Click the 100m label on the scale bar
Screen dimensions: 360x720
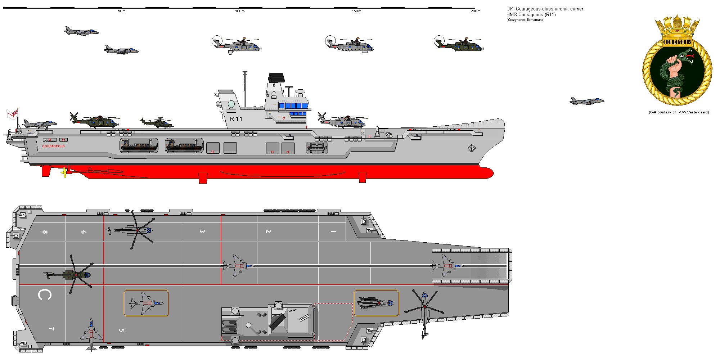click(x=240, y=11)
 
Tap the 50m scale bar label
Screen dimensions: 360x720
click(x=122, y=11)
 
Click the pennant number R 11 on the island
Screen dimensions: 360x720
click(x=236, y=119)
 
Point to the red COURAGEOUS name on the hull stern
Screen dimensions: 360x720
click(x=53, y=146)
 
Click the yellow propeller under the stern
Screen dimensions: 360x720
click(x=64, y=172)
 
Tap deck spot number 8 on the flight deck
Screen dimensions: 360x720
click(x=45, y=232)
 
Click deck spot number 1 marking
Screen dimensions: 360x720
click(x=333, y=231)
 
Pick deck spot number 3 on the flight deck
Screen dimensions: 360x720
click(x=202, y=231)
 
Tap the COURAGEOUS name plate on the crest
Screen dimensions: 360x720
click(x=677, y=42)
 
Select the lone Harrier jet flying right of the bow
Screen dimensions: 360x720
click(x=586, y=101)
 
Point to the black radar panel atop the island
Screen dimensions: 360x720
click(x=276, y=77)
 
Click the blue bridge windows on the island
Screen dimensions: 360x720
click(x=293, y=106)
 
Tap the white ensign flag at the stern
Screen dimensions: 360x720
click(x=12, y=114)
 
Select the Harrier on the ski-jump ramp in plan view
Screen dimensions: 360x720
click(x=447, y=266)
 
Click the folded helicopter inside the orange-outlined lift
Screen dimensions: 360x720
click(x=376, y=303)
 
